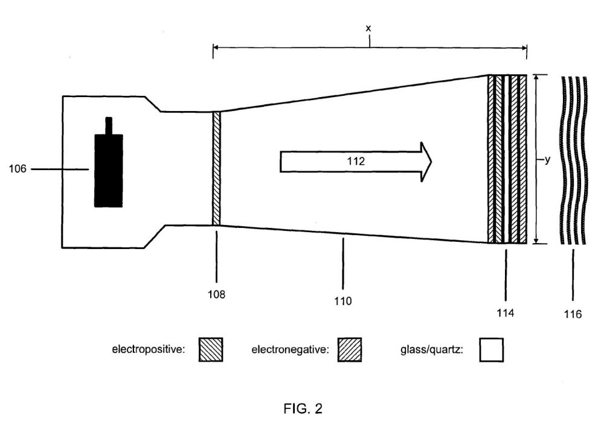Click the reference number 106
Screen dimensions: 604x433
[18, 169]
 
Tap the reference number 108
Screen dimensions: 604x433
[216, 294]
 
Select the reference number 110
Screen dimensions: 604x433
[343, 301]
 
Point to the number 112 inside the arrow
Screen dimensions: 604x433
[356, 161]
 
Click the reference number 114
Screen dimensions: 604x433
[505, 313]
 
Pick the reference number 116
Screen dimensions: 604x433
[573, 315]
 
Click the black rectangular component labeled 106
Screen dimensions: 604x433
[109, 171]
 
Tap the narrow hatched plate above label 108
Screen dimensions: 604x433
[216, 168]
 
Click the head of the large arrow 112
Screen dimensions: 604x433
[426, 162]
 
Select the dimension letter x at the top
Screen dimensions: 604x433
[368, 28]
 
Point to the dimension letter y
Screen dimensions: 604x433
[547, 160]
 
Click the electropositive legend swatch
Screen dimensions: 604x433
[211, 350]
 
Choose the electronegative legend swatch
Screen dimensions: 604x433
[350, 350]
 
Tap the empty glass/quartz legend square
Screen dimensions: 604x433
[492, 350]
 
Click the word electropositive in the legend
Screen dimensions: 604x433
[149, 350]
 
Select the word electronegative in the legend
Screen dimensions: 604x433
[290, 350]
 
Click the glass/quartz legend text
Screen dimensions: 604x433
[432, 350]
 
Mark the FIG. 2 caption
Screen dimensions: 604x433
[303, 408]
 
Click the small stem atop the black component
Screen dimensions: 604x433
[109, 126]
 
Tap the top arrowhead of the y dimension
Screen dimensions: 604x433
[535, 78]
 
